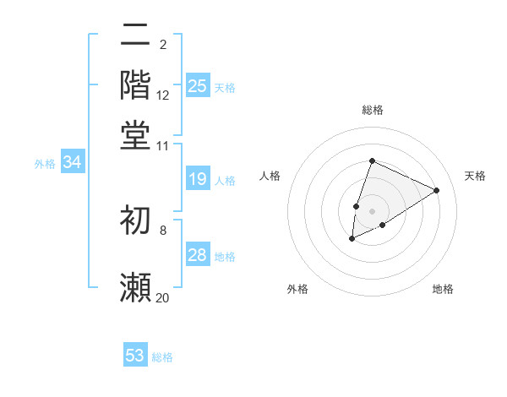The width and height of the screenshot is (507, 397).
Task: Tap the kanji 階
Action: click(135, 84)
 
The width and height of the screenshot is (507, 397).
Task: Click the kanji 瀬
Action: click(135, 287)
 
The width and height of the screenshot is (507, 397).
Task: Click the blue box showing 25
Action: click(198, 85)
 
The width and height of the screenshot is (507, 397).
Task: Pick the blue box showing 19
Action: click(198, 179)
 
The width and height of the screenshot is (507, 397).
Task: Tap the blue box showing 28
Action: click(198, 255)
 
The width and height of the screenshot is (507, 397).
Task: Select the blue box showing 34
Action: click(72, 163)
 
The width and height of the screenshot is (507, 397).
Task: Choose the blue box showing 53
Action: click(135, 356)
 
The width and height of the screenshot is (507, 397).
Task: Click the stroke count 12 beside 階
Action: click(163, 96)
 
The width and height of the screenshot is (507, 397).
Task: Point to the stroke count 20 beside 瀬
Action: click(163, 298)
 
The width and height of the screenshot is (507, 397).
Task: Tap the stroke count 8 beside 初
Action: click(163, 229)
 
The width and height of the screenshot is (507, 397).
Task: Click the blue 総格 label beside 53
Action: click(162, 357)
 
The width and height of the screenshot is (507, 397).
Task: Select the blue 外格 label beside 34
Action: click(45, 164)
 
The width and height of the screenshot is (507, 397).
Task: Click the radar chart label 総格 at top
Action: click(373, 110)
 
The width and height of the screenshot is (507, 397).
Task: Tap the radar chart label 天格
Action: click(475, 176)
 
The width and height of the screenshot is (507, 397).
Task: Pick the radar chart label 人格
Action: click(270, 176)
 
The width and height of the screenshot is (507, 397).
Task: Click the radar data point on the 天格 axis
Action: click(437, 190)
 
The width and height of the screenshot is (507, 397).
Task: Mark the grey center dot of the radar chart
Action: click(373, 210)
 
